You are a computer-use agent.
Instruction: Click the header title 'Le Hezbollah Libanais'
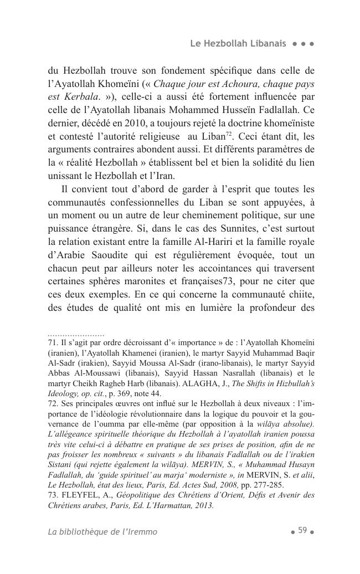tap(238, 43)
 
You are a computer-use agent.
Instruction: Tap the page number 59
tap(302, 530)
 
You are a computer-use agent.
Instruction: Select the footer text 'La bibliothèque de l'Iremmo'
tap(102, 532)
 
